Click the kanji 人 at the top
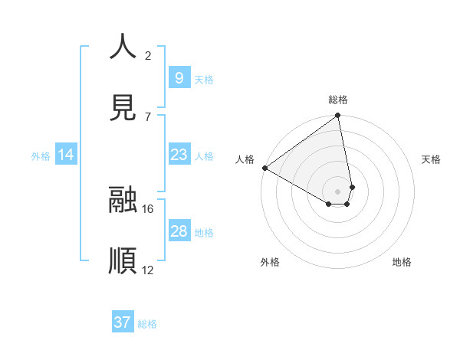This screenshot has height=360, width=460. pos(123,47)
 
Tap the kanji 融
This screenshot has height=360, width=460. pos(123,200)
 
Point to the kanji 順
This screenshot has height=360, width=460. pos(123,261)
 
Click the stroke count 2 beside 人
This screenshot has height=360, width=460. pos(148,55)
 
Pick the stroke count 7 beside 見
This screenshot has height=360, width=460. pos(148,116)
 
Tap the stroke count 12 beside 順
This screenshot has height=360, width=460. pos(148,270)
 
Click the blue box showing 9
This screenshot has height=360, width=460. pos(179,77)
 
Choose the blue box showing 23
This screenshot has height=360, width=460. pos(179,155)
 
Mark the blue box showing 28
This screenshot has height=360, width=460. pos(179,231)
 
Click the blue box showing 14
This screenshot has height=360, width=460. pos(66,155)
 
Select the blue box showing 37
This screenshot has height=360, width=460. pos(123,322)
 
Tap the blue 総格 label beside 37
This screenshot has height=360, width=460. pos(147,324)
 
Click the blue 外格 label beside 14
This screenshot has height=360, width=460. pos(41,156)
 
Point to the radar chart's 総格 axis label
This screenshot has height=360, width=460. pos(338,100)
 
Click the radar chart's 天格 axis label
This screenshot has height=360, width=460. pos(431,159)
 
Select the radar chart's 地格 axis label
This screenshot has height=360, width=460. pos(402,262)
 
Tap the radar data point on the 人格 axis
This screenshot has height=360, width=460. pos(264,168)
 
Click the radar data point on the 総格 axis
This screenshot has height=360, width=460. pos(338,116)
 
